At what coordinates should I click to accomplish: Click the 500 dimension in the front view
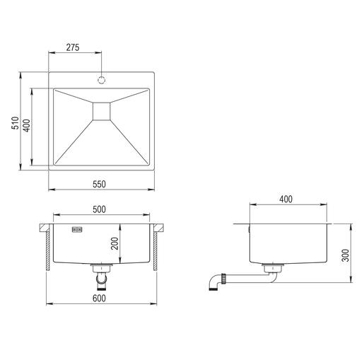tap(100, 210)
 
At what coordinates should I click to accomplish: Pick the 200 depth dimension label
tap(115, 244)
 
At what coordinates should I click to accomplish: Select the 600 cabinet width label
tap(100, 298)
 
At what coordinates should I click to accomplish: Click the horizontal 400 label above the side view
tap(286, 199)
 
